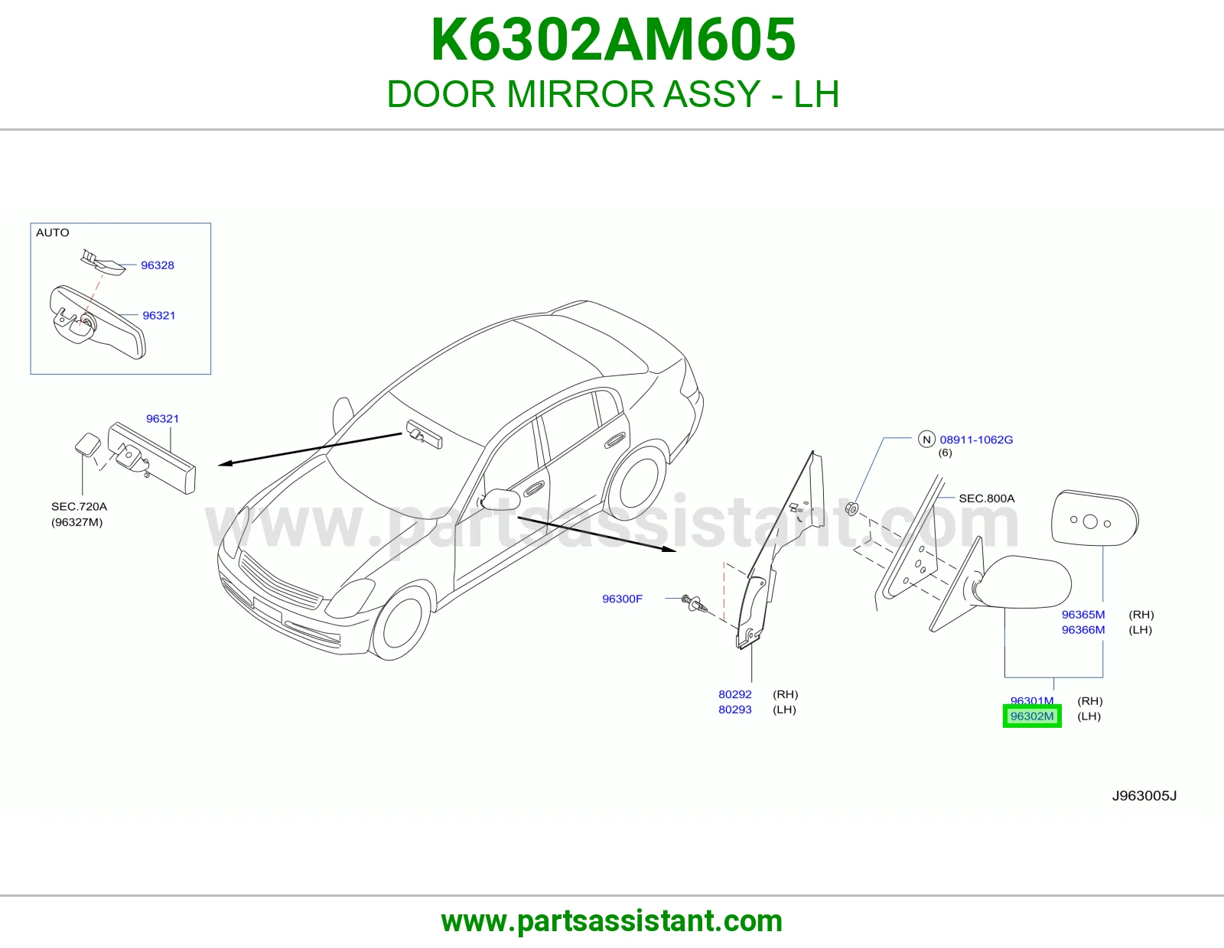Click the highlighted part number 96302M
click(x=1032, y=716)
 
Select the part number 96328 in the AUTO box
click(x=157, y=265)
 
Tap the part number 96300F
click(x=622, y=599)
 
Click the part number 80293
click(x=734, y=709)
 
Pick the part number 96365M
click(x=1083, y=614)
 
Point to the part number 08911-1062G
click(x=976, y=440)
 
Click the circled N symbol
click(x=926, y=439)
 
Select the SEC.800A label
click(x=986, y=498)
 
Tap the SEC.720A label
click(x=79, y=506)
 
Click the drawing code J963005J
click(x=1144, y=795)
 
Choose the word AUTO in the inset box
click(x=52, y=232)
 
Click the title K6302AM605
click(x=613, y=40)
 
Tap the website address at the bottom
click(x=612, y=921)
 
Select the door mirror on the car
click(x=500, y=500)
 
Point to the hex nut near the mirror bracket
click(x=853, y=509)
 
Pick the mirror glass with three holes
click(x=1095, y=518)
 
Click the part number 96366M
click(x=1083, y=629)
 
